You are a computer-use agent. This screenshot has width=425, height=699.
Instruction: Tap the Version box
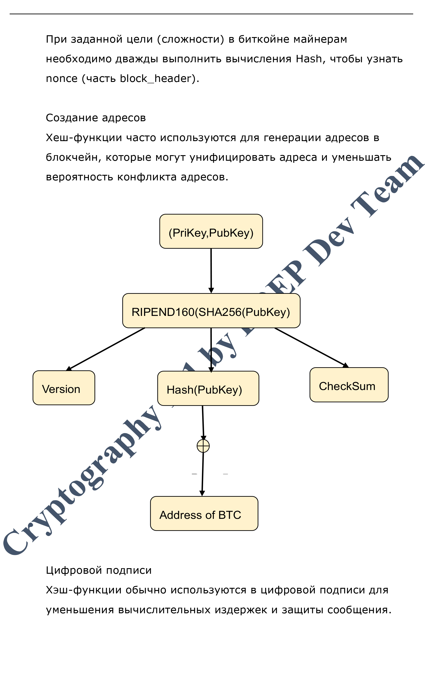click(64, 388)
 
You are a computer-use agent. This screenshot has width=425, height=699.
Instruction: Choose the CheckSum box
click(349, 385)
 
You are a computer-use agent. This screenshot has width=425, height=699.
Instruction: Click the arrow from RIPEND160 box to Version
click(106, 349)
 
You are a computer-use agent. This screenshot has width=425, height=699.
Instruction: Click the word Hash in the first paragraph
click(309, 59)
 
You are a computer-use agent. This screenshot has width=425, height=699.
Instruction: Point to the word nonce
click(62, 79)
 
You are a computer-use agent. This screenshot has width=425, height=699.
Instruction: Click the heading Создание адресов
click(96, 118)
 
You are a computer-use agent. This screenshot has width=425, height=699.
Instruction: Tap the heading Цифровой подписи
click(99, 570)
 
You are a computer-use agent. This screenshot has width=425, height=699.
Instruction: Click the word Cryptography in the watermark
click(82, 479)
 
